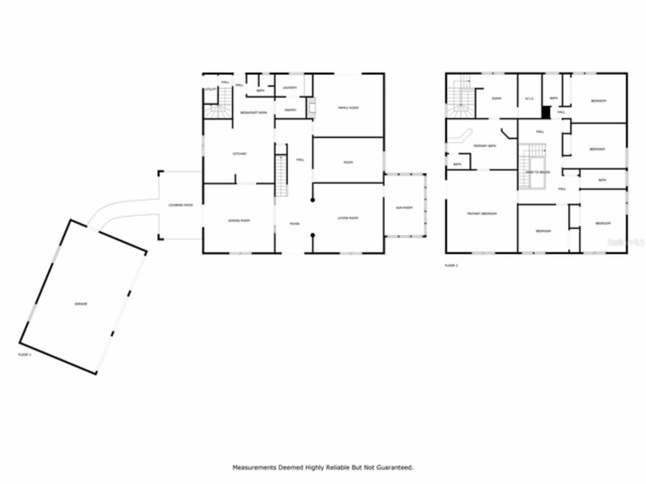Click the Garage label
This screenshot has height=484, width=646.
(81, 304)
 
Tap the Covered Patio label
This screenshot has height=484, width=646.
(181, 205)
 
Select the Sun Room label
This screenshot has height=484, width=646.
(404, 208)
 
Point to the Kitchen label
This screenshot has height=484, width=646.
(239, 154)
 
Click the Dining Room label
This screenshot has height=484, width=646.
(239, 220)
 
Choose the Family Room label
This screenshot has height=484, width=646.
(348, 108)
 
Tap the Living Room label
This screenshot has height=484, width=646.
(348, 218)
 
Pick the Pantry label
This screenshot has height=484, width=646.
(290, 110)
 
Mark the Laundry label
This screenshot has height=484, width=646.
(290, 88)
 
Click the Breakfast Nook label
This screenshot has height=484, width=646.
(253, 112)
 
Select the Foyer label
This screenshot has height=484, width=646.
(294, 223)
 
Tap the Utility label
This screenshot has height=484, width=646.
(210, 89)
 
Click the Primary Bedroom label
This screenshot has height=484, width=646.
(481, 214)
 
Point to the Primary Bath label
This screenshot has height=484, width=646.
(484, 146)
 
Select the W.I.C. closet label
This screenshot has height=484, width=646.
(529, 98)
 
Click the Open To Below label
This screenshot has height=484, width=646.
(537, 172)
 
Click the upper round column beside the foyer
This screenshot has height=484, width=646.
(313, 200)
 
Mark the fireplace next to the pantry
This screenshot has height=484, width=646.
(311, 107)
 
